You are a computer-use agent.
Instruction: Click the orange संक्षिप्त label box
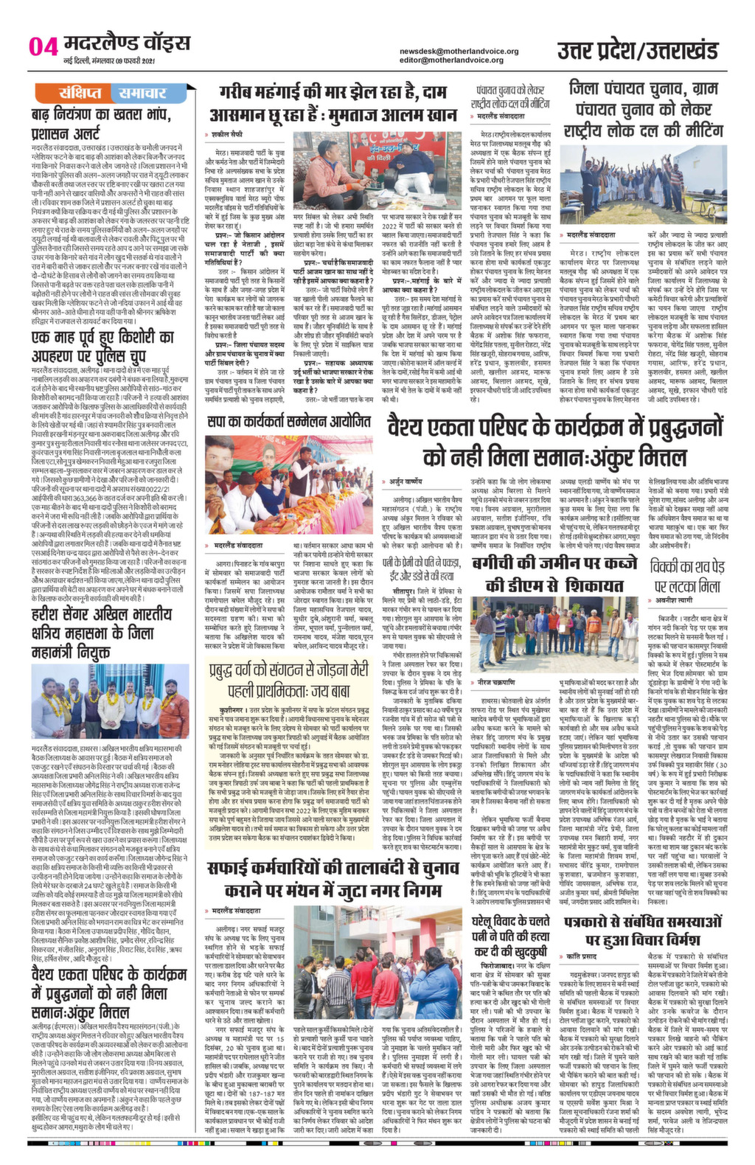click(x=81, y=93)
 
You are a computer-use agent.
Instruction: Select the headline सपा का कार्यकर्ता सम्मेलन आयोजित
click(x=288, y=422)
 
